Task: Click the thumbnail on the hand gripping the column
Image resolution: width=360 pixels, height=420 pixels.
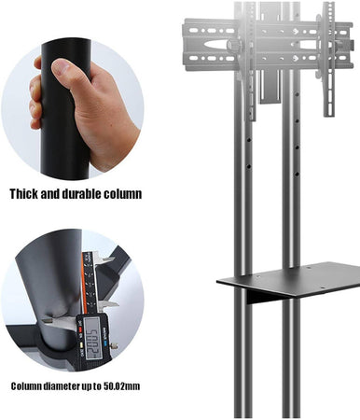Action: pos(62,66)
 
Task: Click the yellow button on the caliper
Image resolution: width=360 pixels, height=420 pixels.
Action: pos(81,344)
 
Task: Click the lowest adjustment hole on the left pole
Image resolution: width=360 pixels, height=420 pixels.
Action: pos(249,167)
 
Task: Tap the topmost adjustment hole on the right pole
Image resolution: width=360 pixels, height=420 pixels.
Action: pos(298,93)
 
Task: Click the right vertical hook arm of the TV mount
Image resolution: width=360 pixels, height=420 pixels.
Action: pos(328,59)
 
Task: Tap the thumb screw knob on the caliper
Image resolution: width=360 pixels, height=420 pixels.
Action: pos(116,345)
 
